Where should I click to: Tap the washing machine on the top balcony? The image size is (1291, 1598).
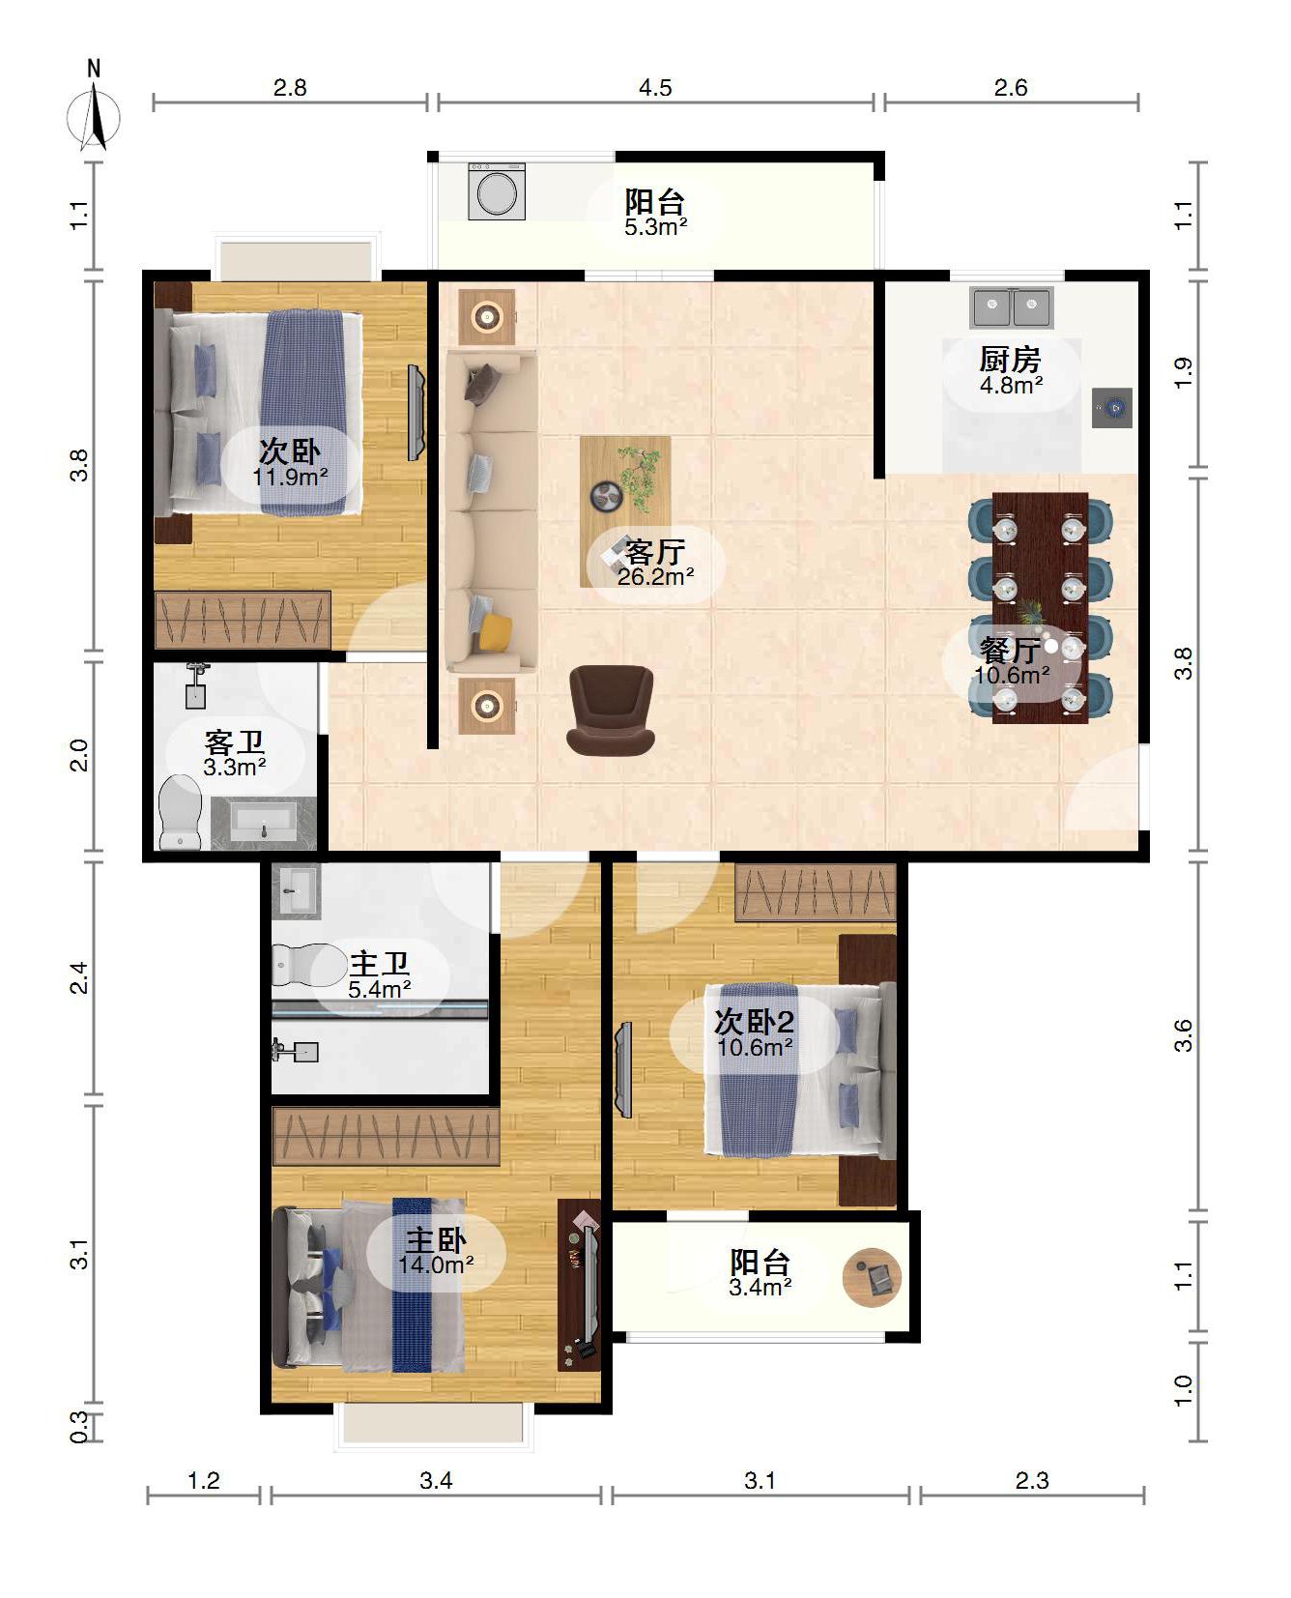tap(497, 191)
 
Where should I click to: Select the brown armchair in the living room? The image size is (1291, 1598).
tap(611, 710)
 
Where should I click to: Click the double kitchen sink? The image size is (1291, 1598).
tap(1012, 307)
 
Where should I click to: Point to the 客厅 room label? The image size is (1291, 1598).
tap(655, 552)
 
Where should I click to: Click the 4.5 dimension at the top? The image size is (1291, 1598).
tap(655, 88)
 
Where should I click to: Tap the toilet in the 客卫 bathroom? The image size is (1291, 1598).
tap(180, 812)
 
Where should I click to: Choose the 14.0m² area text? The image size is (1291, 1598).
tap(436, 1264)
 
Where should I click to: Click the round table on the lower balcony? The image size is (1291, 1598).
tap(873, 1277)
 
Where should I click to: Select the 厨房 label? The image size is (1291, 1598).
tap(1011, 360)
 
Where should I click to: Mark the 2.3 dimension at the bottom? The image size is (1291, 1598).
tap(1032, 1481)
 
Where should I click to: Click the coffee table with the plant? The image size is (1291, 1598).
tap(625, 511)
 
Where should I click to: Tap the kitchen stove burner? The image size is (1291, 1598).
tap(1112, 408)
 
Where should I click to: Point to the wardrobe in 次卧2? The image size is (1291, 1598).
tap(817, 892)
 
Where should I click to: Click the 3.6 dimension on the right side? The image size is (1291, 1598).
tap(1184, 1035)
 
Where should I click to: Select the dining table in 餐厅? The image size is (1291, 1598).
tap(1041, 608)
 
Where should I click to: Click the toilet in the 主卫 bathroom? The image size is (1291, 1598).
tap(308, 964)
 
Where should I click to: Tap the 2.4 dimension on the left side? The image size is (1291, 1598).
tap(80, 977)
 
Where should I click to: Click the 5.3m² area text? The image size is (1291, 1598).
tap(656, 227)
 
